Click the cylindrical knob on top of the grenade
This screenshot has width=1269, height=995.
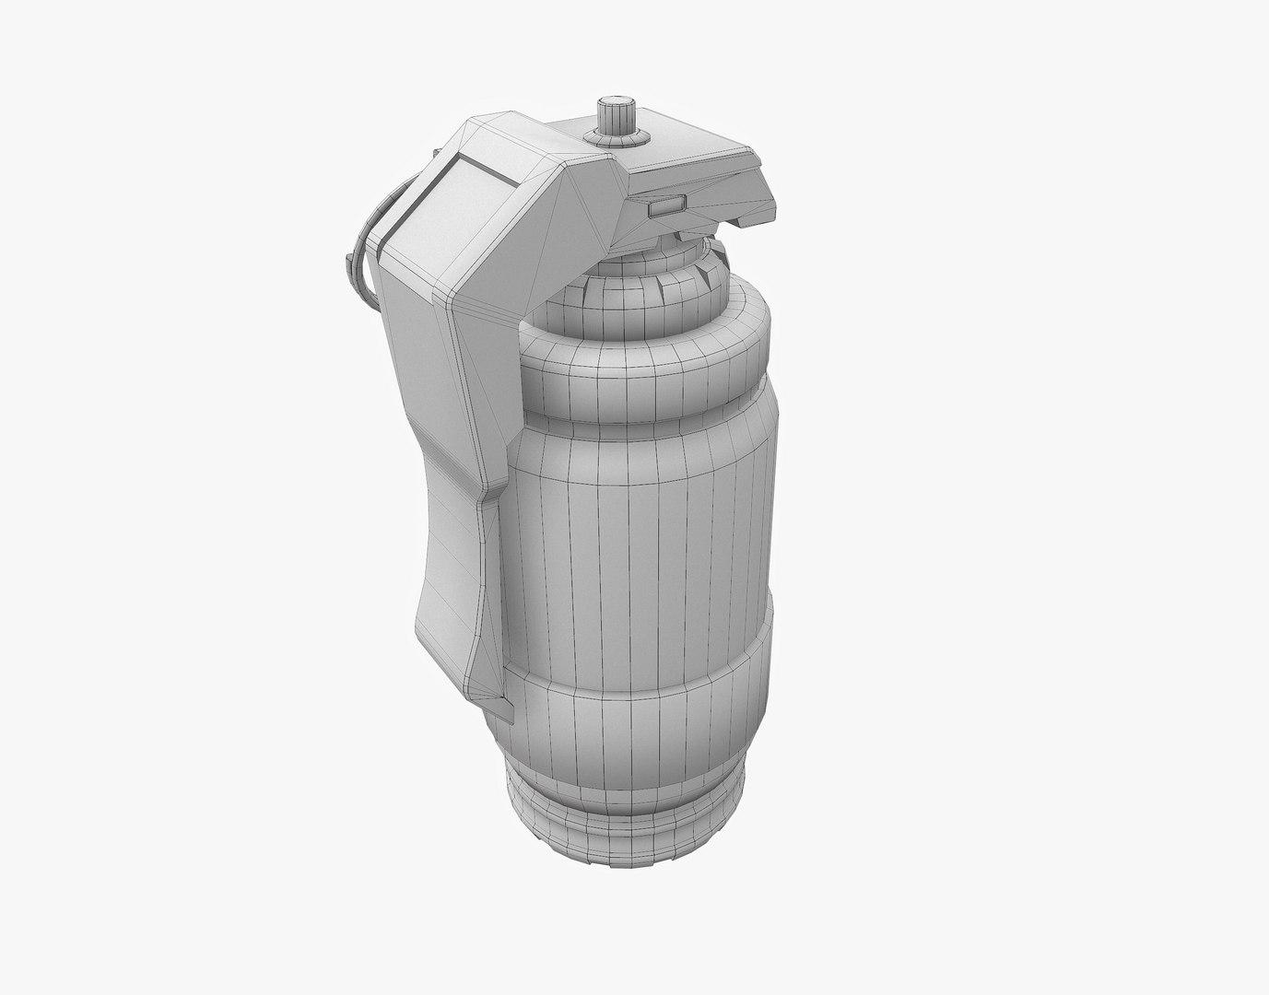(612, 113)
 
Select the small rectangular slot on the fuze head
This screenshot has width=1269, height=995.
(664, 206)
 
